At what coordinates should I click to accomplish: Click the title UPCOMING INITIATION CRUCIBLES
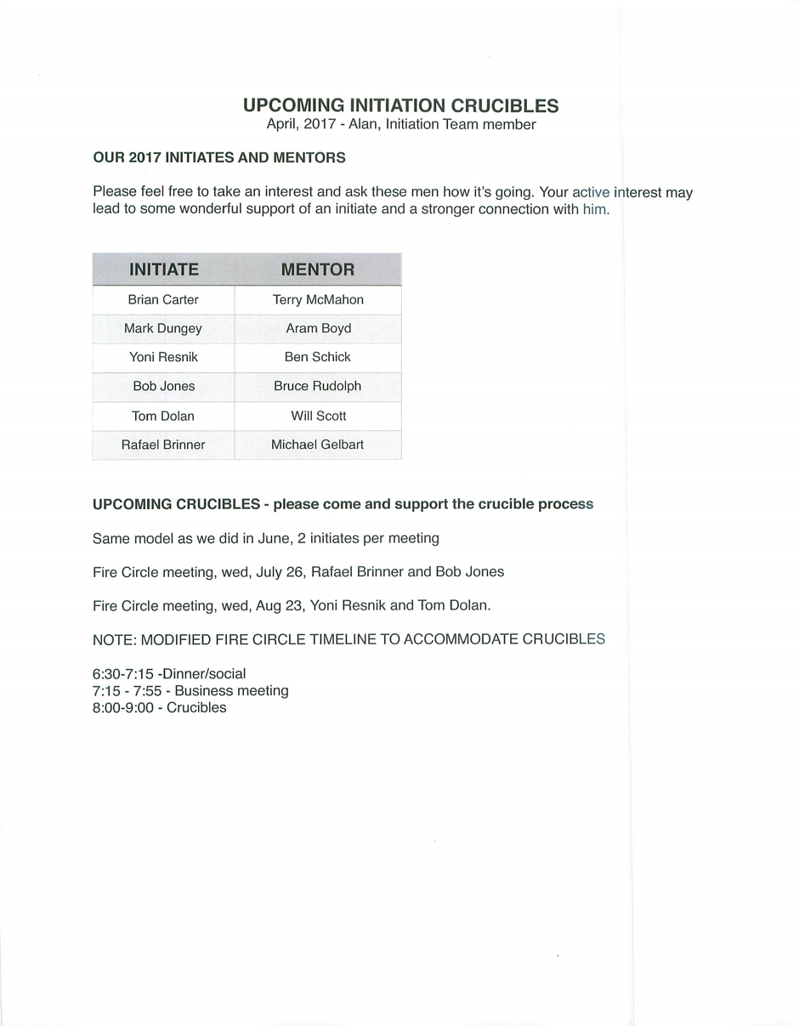[x=400, y=105]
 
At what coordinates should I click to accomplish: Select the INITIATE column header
[x=163, y=269]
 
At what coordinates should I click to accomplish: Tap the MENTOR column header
[x=318, y=269]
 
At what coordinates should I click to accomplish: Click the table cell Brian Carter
[x=163, y=300]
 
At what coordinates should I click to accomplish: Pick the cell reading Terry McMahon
[x=318, y=300]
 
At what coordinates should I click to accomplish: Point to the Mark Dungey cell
[x=163, y=329]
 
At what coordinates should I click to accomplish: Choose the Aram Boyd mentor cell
[x=318, y=329]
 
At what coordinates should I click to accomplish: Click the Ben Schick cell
[x=318, y=358]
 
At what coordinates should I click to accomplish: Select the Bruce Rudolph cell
[x=318, y=387]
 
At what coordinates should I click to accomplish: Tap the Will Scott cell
[x=318, y=417]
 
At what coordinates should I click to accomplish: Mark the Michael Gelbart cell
[x=318, y=445]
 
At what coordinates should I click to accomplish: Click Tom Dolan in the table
[x=163, y=417]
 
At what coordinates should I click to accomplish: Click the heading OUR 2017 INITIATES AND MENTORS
[x=219, y=158]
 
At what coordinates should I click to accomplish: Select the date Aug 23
[x=279, y=606]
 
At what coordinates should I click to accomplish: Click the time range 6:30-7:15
[x=123, y=674]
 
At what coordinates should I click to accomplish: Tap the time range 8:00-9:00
[x=123, y=708]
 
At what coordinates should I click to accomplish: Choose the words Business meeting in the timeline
[x=231, y=691]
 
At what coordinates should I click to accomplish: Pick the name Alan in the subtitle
[x=362, y=125]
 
